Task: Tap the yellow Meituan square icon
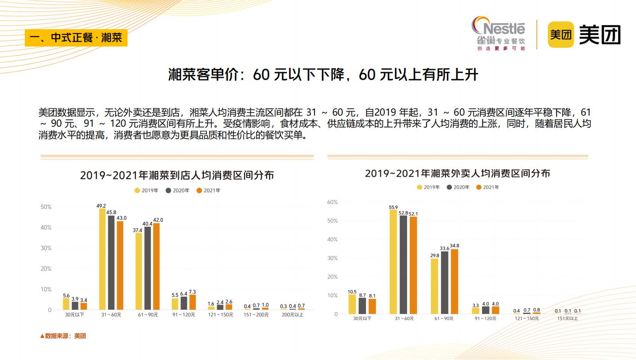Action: (x=561, y=34)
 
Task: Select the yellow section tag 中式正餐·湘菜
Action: (x=76, y=38)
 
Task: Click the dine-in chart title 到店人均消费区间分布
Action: (x=177, y=175)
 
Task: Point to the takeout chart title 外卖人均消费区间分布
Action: (x=458, y=173)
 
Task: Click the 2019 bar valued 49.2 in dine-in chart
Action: (x=102, y=259)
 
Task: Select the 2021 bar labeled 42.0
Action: (x=156, y=266)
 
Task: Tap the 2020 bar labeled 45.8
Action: (x=111, y=263)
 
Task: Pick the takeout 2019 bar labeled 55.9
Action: (x=393, y=262)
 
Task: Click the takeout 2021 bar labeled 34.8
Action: (x=454, y=281)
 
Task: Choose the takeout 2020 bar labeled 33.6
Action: (x=445, y=283)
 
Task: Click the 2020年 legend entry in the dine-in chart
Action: (x=178, y=190)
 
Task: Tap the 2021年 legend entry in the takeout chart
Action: (x=488, y=187)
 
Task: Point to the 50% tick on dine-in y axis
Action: (x=46, y=207)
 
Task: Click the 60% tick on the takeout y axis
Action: (x=332, y=202)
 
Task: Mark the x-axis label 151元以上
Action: (x=567, y=318)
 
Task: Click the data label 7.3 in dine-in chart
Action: (x=192, y=292)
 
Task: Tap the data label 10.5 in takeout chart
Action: (x=352, y=291)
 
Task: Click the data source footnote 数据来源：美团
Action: (x=63, y=336)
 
